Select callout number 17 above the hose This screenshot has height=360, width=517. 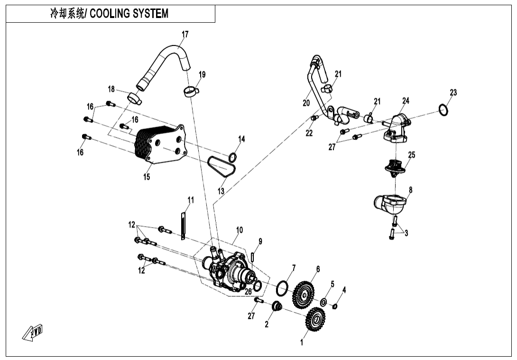(x=185, y=34)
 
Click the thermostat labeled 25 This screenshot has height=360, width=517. (x=395, y=167)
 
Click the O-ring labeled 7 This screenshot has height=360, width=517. (x=282, y=287)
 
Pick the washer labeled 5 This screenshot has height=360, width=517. (x=323, y=301)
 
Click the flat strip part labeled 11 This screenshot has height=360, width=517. (x=182, y=223)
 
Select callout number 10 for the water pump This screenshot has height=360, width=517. (x=239, y=230)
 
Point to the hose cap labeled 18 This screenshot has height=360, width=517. (x=134, y=99)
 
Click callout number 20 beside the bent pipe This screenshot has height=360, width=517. (x=306, y=102)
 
